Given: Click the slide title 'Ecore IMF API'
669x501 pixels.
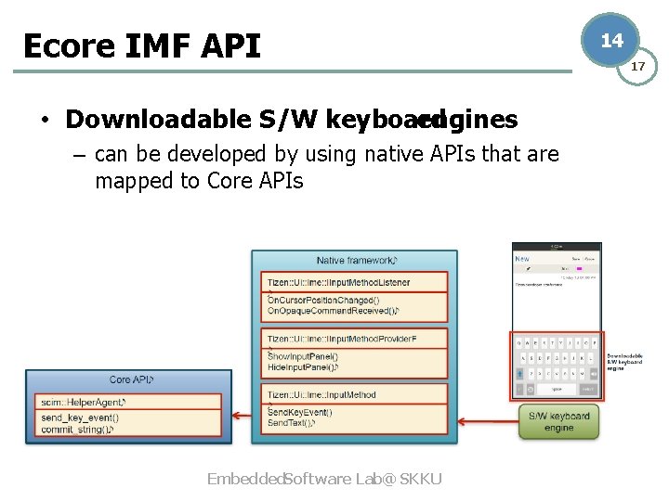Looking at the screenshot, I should tap(142, 45).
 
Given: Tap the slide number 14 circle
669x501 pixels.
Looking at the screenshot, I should tap(610, 41).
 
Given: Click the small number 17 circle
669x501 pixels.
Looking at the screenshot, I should tap(638, 67).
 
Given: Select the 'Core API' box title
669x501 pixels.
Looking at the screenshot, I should tap(130, 379).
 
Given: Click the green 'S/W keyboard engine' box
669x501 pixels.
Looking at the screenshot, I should tap(558, 422).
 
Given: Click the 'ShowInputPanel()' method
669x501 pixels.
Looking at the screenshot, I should tap(303, 356).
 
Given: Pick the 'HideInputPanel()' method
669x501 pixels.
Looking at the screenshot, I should tap(303, 367).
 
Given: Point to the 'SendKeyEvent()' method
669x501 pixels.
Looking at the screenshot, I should tap(299, 412).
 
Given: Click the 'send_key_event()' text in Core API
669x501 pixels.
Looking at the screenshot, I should tap(80, 418).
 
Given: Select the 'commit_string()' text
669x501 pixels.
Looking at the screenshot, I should tap(77, 430).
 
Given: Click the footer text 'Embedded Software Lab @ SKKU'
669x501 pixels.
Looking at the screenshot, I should tap(324, 479).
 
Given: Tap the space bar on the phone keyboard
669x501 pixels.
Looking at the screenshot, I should tap(555, 390).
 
